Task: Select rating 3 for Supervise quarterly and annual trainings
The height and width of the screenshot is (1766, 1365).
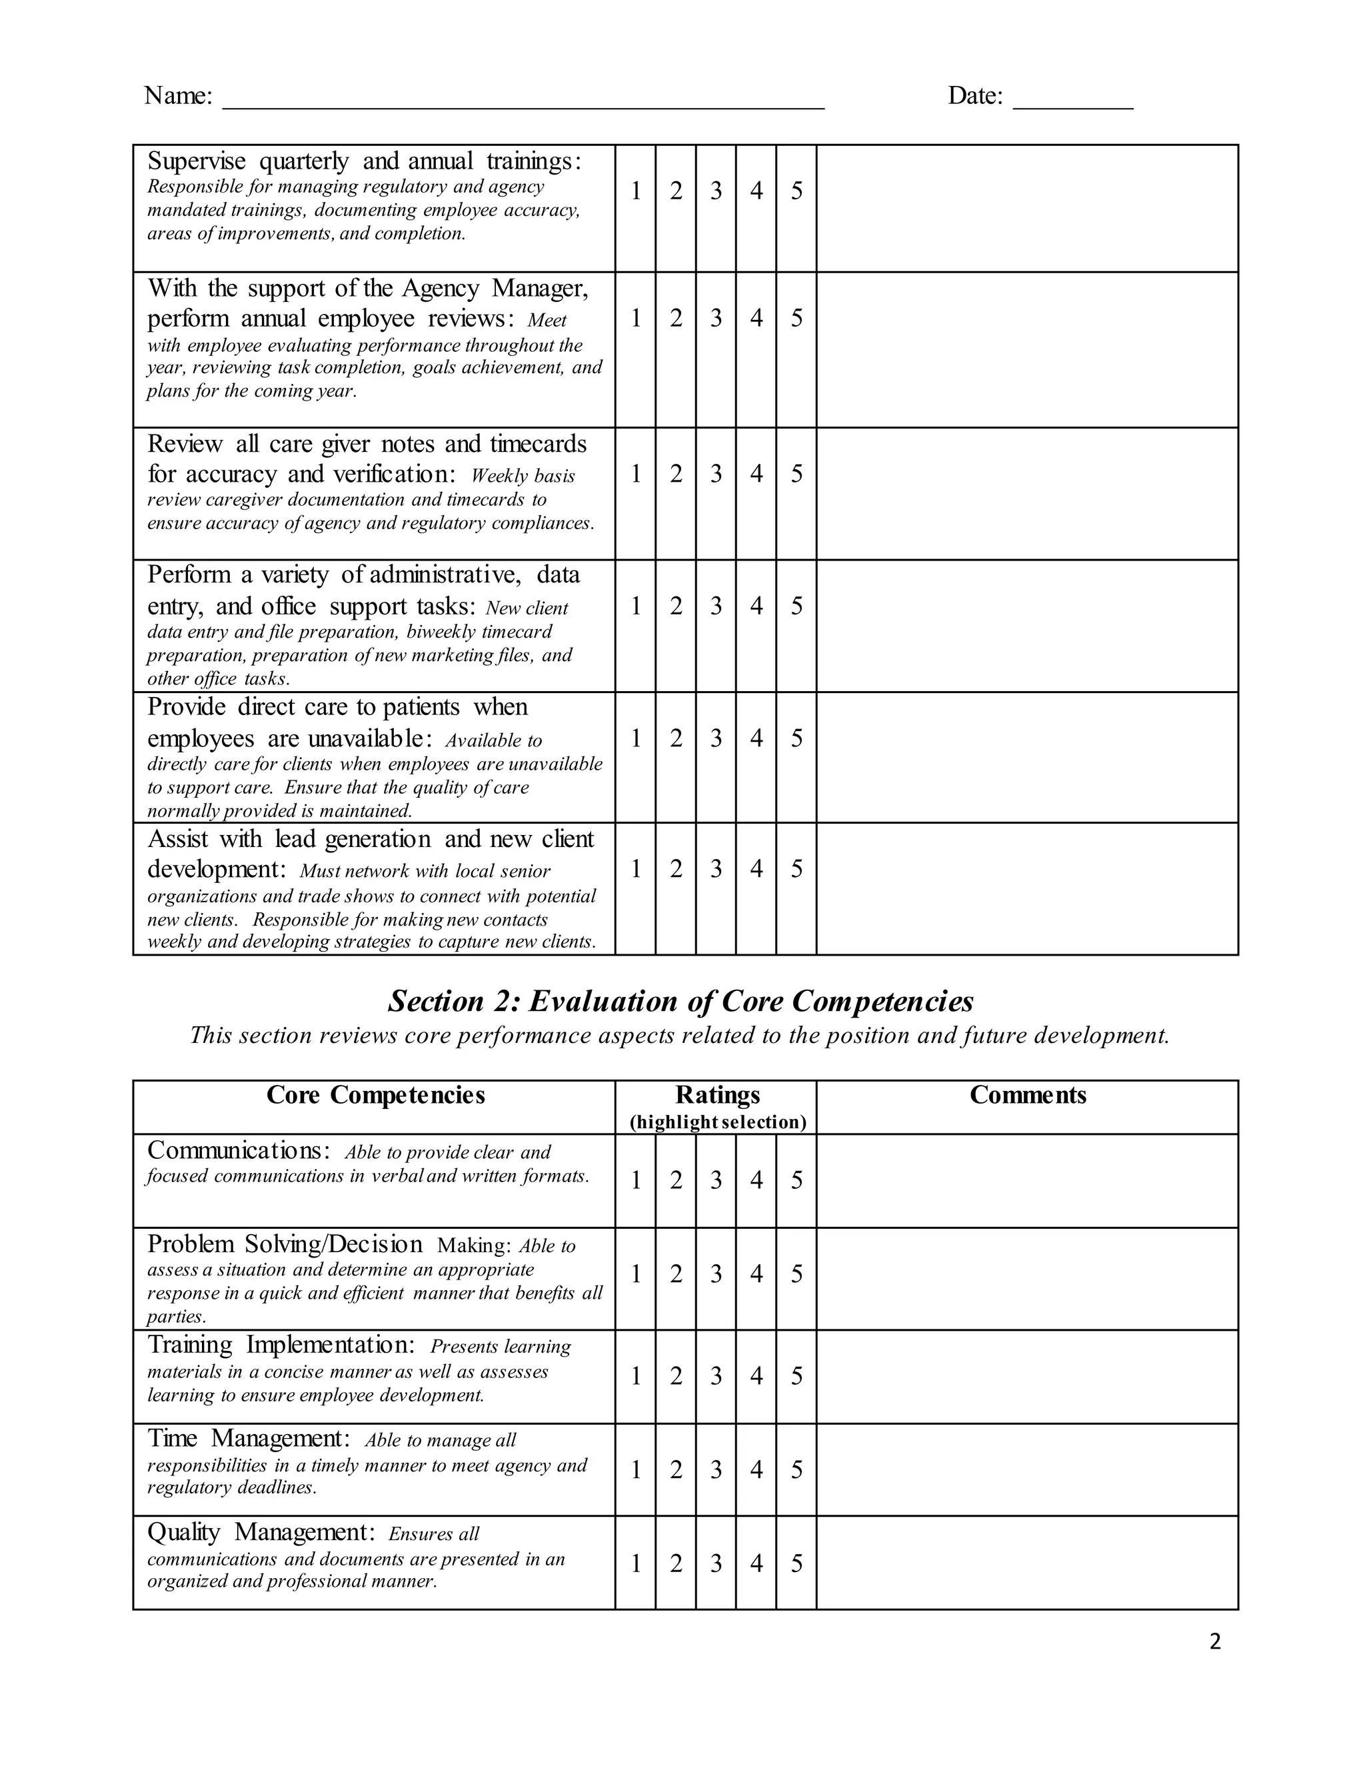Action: [x=716, y=191]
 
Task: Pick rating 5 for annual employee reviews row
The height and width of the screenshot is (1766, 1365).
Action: [x=796, y=318]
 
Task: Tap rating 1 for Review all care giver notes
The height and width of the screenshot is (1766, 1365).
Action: [x=636, y=473]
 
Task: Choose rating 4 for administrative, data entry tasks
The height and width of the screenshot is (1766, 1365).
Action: [x=756, y=606]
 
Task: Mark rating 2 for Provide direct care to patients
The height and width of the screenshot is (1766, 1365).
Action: [x=676, y=738]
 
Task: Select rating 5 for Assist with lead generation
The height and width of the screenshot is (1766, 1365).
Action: [x=796, y=868]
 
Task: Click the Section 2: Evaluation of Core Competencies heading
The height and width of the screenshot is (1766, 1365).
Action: [x=681, y=1001]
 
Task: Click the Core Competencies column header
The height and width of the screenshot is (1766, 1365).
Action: [x=375, y=1095]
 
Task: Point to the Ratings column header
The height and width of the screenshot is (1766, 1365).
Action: [x=717, y=1095]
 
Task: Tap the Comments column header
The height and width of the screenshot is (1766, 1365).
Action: [x=1027, y=1095]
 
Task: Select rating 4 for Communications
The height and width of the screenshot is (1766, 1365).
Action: [x=756, y=1181]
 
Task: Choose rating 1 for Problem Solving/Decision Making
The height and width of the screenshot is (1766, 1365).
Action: [x=636, y=1274]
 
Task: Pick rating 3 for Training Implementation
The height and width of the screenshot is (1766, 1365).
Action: [x=716, y=1375]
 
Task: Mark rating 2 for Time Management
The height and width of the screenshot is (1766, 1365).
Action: [x=676, y=1469]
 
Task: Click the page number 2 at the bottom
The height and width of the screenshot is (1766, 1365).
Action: [x=1214, y=1641]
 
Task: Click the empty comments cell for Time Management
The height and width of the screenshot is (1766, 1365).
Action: [x=1027, y=1469]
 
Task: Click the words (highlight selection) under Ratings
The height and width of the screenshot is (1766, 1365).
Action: [x=717, y=1122]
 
